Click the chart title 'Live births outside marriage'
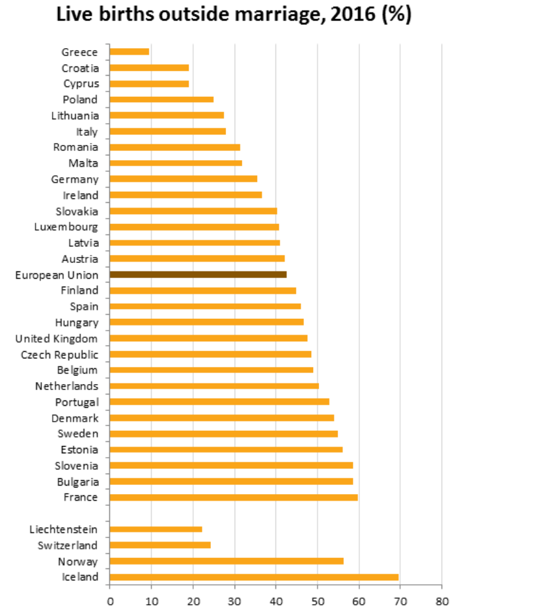click(x=233, y=14)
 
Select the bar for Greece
click(x=129, y=51)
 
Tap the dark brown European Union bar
click(x=198, y=275)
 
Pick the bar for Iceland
click(x=254, y=577)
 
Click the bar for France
click(x=233, y=497)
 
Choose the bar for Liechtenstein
click(x=156, y=529)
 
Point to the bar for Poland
click(x=161, y=99)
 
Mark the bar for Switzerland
click(x=160, y=545)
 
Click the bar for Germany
click(x=183, y=179)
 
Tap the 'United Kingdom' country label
click(x=57, y=339)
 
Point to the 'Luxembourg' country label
click(x=66, y=227)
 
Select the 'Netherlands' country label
click(x=67, y=386)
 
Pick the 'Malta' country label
click(x=83, y=163)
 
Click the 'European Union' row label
click(x=57, y=275)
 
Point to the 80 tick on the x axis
click(x=442, y=601)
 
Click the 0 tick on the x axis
click(x=109, y=601)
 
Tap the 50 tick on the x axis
click(x=317, y=601)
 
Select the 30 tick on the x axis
click(x=234, y=601)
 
